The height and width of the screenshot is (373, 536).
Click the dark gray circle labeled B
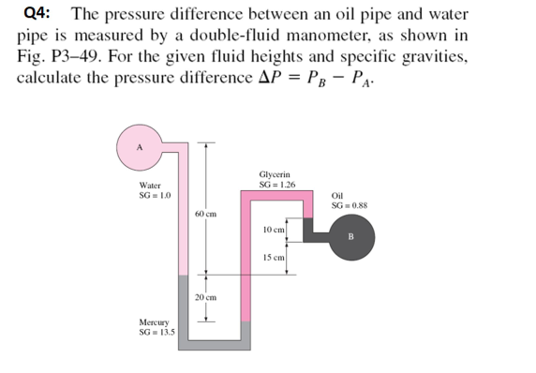click(x=352, y=236)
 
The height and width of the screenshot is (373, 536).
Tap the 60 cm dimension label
click(x=206, y=214)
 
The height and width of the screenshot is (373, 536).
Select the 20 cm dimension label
click(x=206, y=297)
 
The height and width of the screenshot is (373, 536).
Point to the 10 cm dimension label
click(x=274, y=229)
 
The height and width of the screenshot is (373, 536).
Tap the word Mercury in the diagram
click(x=154, y=322)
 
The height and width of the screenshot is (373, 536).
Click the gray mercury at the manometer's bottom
click(x=216, y=343)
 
